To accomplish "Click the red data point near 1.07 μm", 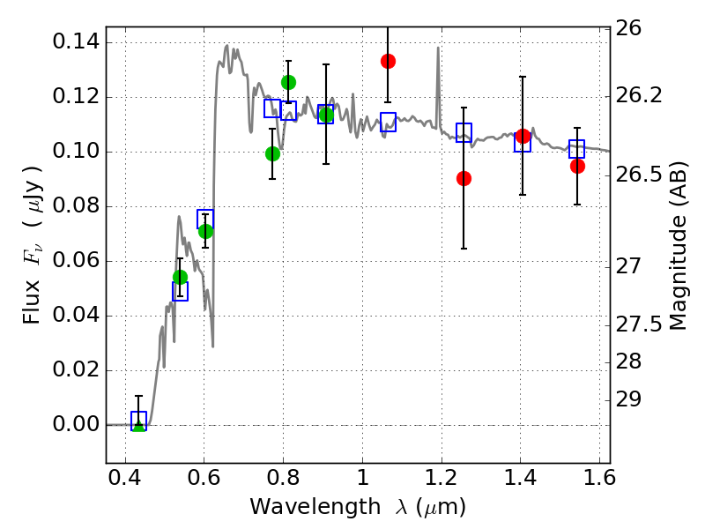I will tap(388, 61).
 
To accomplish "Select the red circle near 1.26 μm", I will tap(464, 178).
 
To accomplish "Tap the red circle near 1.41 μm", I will tap(523, 136).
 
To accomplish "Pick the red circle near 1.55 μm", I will tap(577, 166).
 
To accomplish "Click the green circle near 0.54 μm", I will tap(180, 277).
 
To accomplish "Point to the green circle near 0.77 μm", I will tap(272, 153).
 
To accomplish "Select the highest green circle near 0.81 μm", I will tap(288, 82).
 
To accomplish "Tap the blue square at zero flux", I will tap(138, 421).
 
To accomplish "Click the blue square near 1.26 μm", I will tap(464, 132).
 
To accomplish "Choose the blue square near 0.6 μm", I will tap(205, 219).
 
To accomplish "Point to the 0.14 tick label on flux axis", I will tap(77, 42).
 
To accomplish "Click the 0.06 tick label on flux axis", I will tap(77, 261).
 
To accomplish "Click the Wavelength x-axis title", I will tap(357, 507).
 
